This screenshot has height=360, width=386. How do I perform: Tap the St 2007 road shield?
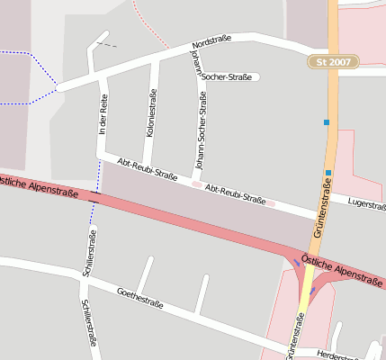[x=333, y=62]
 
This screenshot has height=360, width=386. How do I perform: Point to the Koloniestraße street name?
[x=151, y=112]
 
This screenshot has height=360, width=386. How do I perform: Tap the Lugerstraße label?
[x=366, y=204]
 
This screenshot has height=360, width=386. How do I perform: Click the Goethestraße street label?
[x=140, y=297]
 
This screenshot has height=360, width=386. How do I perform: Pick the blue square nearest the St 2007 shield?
[x=327, y=121]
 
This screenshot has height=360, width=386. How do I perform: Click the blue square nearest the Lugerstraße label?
[x=329, y=173]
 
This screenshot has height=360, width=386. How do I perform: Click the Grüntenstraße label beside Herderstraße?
[x=294, y=335]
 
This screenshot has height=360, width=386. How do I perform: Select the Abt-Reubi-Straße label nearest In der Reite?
[x=148, y=169]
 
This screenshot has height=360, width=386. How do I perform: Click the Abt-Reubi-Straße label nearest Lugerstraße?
[x=235, y=194]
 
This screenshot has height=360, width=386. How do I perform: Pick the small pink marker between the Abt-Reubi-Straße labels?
[x=196, y=184]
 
